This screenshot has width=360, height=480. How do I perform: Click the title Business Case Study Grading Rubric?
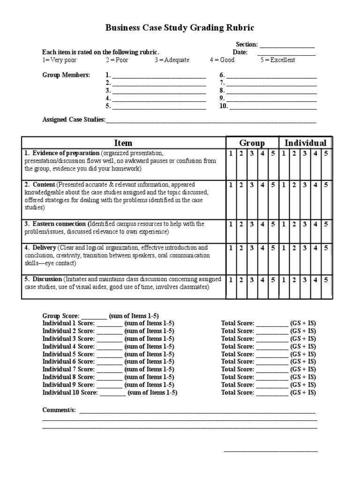point(180,28)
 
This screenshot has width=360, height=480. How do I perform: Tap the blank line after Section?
point(287,45)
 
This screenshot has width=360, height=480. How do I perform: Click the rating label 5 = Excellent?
point(278,60)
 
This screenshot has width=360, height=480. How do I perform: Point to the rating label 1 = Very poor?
point(60,60)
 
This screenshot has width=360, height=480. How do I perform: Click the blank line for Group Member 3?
point(159,91)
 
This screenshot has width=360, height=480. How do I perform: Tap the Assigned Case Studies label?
point(74,120)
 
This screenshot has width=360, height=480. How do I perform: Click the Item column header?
point(123,143)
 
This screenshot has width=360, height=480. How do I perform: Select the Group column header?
point(252,143)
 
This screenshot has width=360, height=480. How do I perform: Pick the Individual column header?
point(306,143)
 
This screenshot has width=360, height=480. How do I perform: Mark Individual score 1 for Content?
point(284,185)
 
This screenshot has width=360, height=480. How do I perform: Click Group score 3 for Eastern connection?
point(252,224)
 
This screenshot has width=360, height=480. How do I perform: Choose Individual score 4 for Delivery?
point(316,247)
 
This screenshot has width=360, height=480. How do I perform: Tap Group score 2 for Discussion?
point(241,279)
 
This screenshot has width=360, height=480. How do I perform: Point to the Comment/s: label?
point(59,410)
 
